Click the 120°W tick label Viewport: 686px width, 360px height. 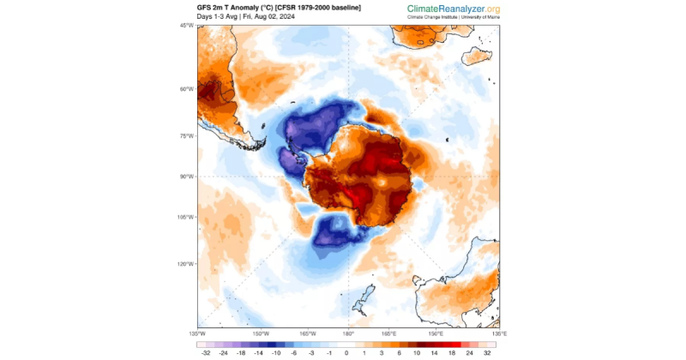[188, 264]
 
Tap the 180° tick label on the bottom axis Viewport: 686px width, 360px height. [348, 333]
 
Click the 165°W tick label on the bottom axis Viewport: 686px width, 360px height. [307, 333]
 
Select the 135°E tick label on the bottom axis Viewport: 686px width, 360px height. [499, 333]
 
